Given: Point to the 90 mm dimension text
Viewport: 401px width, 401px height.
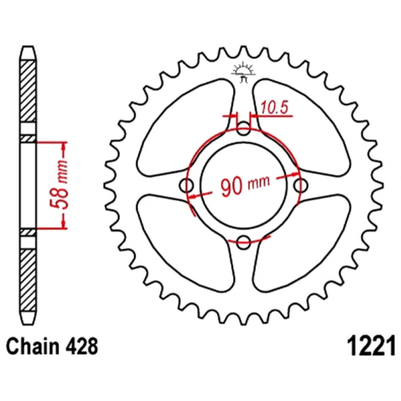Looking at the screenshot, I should [x=245, y=185].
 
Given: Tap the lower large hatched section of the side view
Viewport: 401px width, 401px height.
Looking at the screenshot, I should [x=28, y=279].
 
